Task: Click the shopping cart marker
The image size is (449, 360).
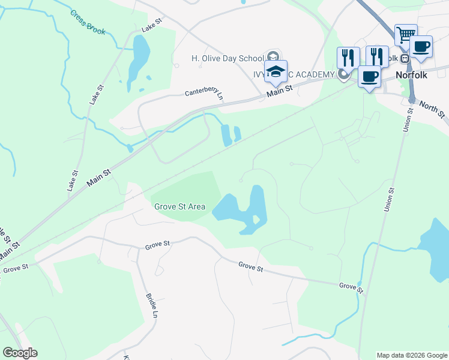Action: pyautogui.click(x=406, y=34)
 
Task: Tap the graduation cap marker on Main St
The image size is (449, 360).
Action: pyautogui.click(x=276, y=71)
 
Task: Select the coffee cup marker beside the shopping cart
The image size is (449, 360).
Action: pyautogui.click(x=421, y=46)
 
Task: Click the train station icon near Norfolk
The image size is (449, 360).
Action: pyautogui.click(x=405, y=59)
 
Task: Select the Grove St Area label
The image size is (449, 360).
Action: pyautogui.click(x=179, y=206)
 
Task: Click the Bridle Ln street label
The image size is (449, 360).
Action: pyautogui.click(x=151, y=305)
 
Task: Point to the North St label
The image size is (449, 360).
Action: pyautogui.click(x=432, y=109)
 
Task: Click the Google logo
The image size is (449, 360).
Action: pyautogui.click(x=20, y=353)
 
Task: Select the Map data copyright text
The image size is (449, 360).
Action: pyautogui.click(x=411, y=355)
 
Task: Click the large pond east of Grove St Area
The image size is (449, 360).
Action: pyautogui.click(x=243, y=210)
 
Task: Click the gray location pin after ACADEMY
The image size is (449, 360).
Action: pyautogui.click(x=343, y=74)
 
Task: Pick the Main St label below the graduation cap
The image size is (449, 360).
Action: pyautogui.click(x=279, y=90)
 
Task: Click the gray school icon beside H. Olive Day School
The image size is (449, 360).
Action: pyautogui.click(x=272, y=56)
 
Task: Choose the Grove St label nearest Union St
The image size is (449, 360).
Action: pyautogui.click(x=351, y=287)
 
